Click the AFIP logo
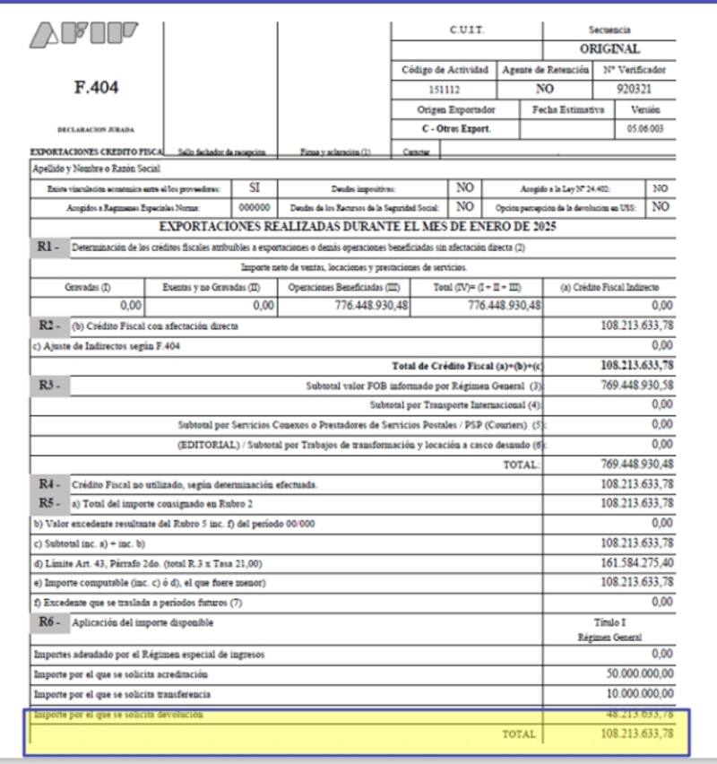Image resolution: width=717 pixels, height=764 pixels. (x=84, y=35)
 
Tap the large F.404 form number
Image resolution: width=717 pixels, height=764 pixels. (x=96, y=88)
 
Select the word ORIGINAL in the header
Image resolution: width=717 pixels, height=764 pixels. (x=609, y=49)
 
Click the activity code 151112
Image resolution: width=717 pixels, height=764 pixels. (x=445, y=90)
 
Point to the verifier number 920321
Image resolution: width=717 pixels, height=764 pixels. (x=635, y=90)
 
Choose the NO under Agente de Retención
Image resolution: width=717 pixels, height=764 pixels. (x=544, y=90)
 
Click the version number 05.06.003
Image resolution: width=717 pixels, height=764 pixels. (x=646, y=129)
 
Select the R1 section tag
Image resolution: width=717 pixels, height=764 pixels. (x=48, y=246)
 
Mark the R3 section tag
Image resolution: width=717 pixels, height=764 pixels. (x=48, y=385)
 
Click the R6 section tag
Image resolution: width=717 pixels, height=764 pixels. (x=48, y=621)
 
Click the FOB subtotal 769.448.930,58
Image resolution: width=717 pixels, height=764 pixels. (x=636, y=385)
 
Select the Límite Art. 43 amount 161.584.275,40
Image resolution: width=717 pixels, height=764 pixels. (x=636, y=562)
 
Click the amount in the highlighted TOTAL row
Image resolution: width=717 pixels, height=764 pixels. (x=636, y=734)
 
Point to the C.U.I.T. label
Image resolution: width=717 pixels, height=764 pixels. (x=466, y=30)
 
